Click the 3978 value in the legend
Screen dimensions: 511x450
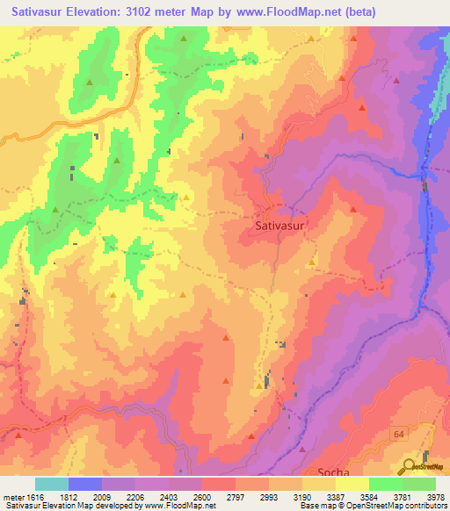pos(436,496)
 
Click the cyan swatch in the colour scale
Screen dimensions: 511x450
pos(52,484)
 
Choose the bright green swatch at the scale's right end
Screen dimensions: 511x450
pos(419,484)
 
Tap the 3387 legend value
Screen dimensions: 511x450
pos(335,496)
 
